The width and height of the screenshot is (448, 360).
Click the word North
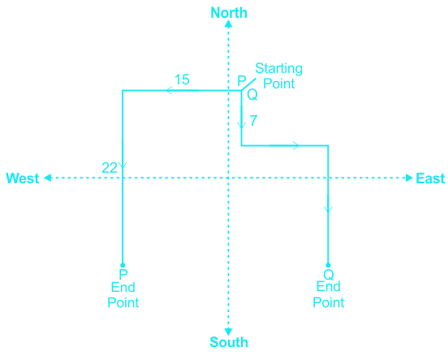tap(229, 13)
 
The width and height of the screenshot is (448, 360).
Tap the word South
tap(229, 342)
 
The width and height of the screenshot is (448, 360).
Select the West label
tap(23, 178)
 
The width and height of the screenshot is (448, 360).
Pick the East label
tap(430, 178)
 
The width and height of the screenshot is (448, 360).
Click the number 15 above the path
tap(182, 79)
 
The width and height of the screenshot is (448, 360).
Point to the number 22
tap(110, 168)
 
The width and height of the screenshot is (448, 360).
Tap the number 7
tap(253, 121)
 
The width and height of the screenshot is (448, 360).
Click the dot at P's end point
tap(123, 265)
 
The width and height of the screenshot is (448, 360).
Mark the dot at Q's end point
tap(328, 265)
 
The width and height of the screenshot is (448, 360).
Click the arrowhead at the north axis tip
tap(228, 24)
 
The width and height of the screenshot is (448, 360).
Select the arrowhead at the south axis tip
tap(228, 332)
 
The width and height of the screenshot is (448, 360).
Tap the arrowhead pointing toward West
tap(47, 178)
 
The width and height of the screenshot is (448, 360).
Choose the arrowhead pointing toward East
tap(409, 178)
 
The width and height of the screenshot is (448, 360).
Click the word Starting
tap(278, 69)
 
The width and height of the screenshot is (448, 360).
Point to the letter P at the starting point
tap(242, 81)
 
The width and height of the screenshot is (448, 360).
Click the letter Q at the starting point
tap(252, 95)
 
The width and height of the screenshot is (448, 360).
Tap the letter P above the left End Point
tap(123, 274)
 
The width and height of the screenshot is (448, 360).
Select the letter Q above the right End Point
tap(329, 275)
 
